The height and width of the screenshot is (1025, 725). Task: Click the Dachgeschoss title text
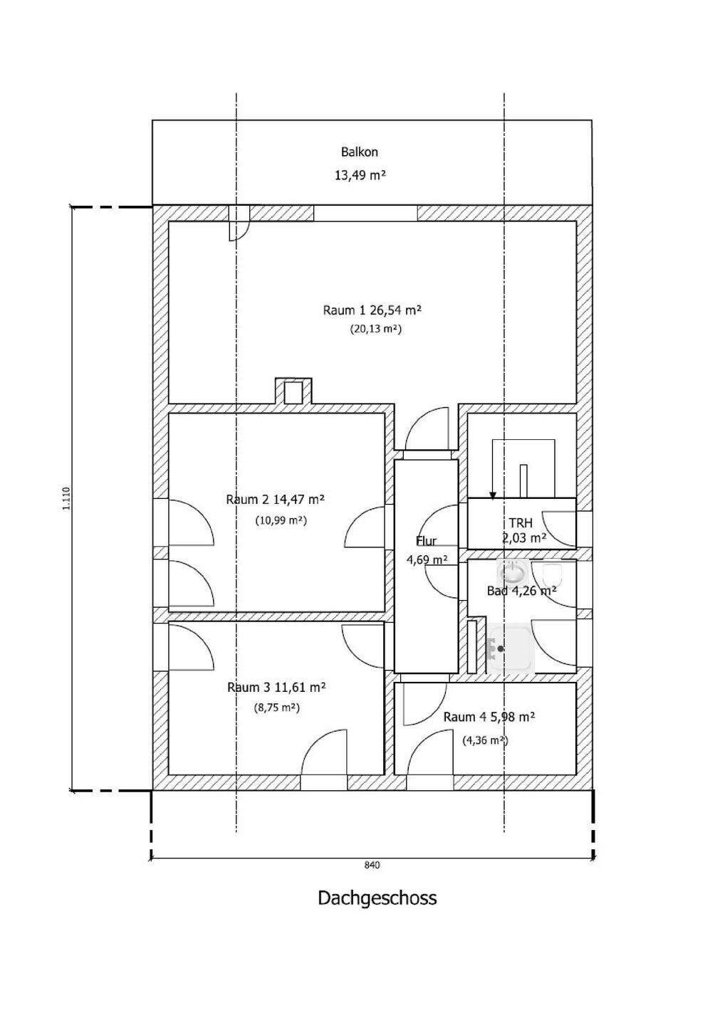[x=377, y=898]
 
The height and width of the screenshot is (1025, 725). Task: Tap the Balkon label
[x=360, y=152]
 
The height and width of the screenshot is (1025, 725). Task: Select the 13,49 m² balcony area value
[x=360, y=175]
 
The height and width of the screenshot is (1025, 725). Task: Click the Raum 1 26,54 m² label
[x=372, y=310]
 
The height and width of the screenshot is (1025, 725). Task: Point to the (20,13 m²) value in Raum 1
[x=376, y=329]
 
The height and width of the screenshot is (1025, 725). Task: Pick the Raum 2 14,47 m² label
[x=275, y=499]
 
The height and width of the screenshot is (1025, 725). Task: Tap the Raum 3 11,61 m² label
[x=276, y=688]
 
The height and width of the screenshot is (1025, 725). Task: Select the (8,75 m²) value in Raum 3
[x=276, y=708]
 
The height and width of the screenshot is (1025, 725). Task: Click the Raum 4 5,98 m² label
[x=489, y=717]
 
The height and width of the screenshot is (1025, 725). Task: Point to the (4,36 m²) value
[x=485, y=740]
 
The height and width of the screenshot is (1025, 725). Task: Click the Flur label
[x=426, y=541]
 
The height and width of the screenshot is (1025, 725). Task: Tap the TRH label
[x=521, y=523]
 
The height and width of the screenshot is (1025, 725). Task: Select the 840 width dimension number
[x=372, y=865]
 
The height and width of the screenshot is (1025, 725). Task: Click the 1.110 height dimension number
[x=67, y=499]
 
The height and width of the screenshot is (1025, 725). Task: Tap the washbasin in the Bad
[x=513, y=572]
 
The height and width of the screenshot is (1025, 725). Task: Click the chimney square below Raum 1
[x=293, y=393]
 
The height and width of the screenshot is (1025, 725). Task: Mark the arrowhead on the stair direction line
[x=493, y=495]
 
